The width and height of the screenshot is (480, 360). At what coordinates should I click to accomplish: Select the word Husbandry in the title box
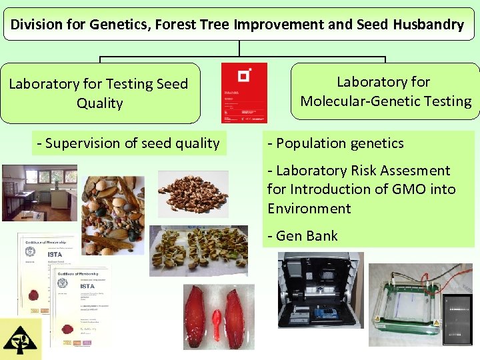click(x=428, y=25)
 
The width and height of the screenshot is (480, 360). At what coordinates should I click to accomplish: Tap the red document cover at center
click(x=244, y=93)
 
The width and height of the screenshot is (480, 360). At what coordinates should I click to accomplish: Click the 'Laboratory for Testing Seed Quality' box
click(x=100, y=93)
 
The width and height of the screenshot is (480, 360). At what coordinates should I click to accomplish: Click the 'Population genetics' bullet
click(x=336, y=143)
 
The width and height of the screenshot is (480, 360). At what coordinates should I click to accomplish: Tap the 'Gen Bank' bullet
click(x=303, y=236)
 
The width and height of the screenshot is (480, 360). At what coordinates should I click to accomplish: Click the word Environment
click(x=309, y=209)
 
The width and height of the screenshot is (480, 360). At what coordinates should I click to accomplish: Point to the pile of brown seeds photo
click(x=193, y=193)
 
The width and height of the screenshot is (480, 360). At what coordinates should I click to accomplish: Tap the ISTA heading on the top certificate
click(x=55, y=253)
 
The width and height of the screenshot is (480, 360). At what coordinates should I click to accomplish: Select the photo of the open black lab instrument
click(x=321, y=290)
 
